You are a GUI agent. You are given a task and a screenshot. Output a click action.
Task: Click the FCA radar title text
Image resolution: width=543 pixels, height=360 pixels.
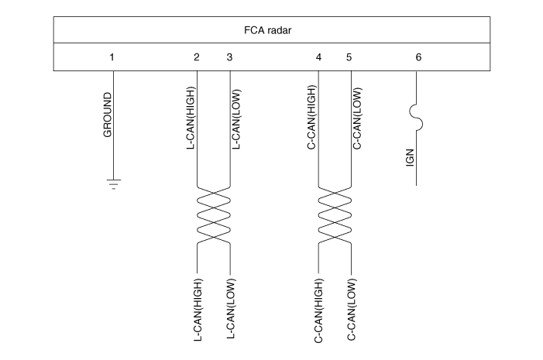[268, 30]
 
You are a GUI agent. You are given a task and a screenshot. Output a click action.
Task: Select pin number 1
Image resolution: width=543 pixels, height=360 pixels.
[112, 57]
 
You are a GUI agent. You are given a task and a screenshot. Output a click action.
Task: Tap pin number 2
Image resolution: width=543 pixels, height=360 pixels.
[196, 57]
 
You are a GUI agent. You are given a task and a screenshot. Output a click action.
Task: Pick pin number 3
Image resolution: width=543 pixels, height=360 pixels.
[229, 57]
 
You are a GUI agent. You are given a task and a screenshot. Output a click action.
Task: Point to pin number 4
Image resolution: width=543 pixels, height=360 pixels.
[318, 57]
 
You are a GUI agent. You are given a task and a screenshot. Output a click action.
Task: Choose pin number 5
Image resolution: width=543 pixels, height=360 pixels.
[349, 57]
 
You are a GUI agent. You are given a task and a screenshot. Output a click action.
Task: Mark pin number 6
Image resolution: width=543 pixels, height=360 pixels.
[418, 57]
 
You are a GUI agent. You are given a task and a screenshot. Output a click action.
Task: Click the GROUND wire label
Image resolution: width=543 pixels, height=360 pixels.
[108, 115]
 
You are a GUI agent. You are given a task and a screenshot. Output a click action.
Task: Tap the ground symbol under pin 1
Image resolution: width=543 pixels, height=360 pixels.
[114, 184]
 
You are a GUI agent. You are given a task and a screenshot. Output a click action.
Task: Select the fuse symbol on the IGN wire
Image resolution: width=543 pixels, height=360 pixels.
[416, 118]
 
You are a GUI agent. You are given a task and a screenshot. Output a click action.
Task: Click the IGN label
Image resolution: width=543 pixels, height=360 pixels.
[410, 158]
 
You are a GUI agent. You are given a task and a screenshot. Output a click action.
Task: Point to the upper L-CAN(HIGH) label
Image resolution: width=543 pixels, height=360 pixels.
[191, 118]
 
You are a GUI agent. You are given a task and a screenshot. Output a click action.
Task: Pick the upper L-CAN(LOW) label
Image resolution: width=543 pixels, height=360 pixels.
[236, 119]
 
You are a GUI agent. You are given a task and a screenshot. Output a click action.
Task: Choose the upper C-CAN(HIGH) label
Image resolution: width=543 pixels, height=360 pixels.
[312, 118]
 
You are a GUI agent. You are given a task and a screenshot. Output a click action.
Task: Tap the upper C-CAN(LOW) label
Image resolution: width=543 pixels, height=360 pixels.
[357, 118]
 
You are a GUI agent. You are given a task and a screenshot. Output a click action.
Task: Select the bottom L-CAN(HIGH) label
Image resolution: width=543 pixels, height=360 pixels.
[198, 310]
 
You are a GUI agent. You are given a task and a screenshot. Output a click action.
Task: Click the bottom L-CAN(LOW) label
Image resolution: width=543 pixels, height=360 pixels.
[231, 309]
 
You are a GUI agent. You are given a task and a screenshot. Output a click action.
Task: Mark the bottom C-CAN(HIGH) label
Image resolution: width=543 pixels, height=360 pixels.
[318, 311]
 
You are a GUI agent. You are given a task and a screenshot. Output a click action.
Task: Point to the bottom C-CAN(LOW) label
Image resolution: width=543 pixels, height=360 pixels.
[352, 310]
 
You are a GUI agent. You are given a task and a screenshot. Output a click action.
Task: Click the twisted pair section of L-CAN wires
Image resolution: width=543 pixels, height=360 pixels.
[214, 215]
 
